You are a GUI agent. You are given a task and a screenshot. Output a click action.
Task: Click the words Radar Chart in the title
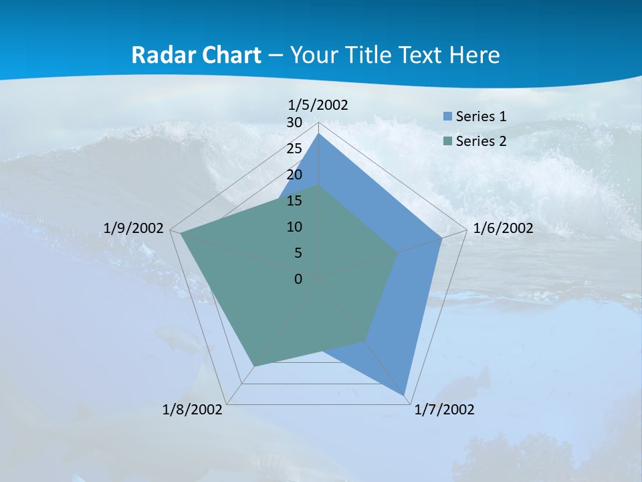(196, 55)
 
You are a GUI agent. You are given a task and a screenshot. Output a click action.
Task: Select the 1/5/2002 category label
(318, 105)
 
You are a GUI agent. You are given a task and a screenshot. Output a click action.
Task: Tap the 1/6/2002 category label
(503, 228)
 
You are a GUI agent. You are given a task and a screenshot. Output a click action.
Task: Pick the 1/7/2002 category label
(444, 410)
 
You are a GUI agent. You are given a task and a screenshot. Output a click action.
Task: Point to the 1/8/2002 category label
(193, 410)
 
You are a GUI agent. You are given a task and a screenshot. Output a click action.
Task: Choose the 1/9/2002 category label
(134, 228)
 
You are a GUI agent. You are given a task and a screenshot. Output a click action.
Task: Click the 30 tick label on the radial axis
(294, 123)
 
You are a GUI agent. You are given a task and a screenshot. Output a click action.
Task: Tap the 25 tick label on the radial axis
(294, 149)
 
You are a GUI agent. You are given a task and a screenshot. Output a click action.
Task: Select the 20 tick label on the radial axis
(294, 175)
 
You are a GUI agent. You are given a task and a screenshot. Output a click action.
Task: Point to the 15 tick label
(294, 201)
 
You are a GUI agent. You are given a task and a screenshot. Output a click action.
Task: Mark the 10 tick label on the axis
(294, 227)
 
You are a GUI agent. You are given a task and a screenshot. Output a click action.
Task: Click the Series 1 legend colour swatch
(448, 116)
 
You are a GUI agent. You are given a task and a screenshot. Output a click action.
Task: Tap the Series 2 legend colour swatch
(448, 141)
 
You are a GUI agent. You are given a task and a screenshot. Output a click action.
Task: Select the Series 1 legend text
(481, 116)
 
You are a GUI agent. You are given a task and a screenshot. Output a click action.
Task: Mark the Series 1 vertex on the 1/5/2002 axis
(319, 133)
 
